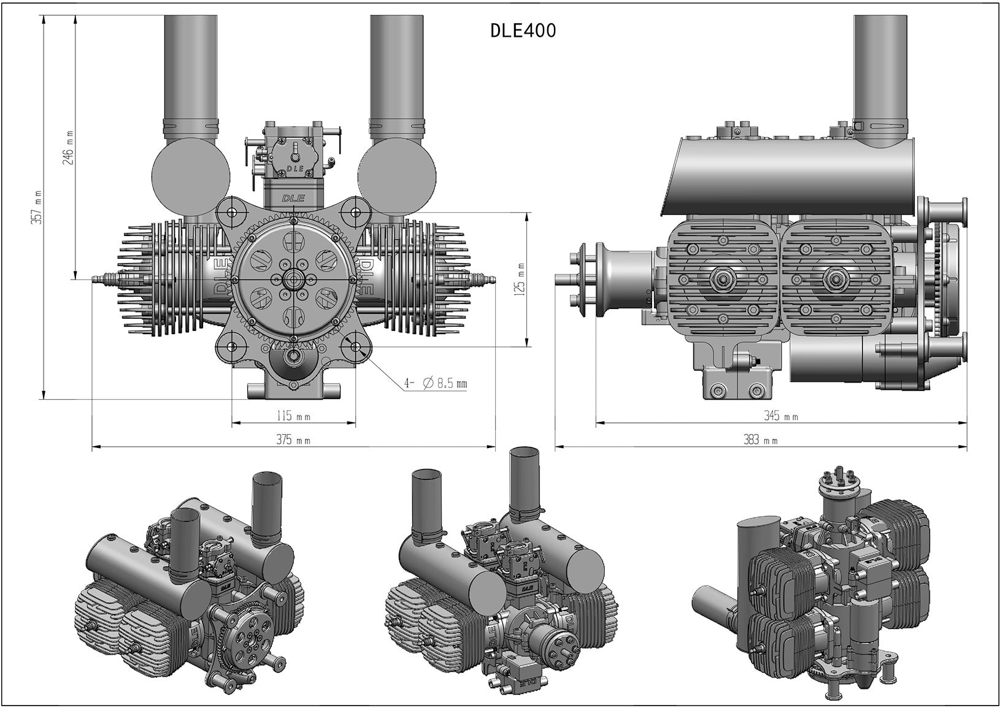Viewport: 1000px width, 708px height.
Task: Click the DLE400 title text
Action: click(x=523, y=31)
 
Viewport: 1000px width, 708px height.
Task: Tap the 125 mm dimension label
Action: click(x=520, y=280)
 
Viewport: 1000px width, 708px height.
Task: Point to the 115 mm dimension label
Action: click(x=293, y=417)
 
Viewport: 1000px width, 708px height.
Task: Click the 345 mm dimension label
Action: click(x=780, y=416)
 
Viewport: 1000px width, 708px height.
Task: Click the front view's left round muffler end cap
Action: click(x=191, y=175)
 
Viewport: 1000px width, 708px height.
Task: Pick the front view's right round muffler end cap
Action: click(x=397, y=175)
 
